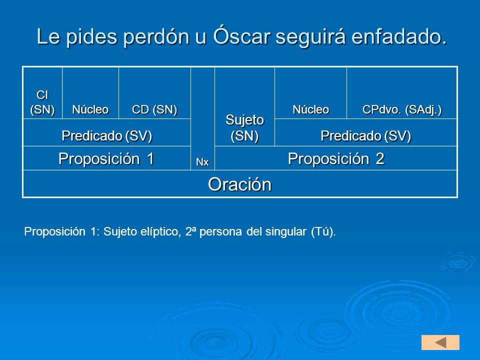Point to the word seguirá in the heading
310,37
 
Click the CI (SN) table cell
42,93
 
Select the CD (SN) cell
154,93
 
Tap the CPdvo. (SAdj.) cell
402,93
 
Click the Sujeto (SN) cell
244,106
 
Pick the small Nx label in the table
202,162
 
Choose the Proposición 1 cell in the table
107,158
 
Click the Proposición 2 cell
336,158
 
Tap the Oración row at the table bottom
240,184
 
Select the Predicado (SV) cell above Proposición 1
107,132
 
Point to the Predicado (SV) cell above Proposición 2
366,132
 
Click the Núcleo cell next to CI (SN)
90,93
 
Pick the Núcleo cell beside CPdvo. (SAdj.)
310,93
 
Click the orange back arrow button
440,342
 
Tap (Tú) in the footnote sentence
323,231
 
